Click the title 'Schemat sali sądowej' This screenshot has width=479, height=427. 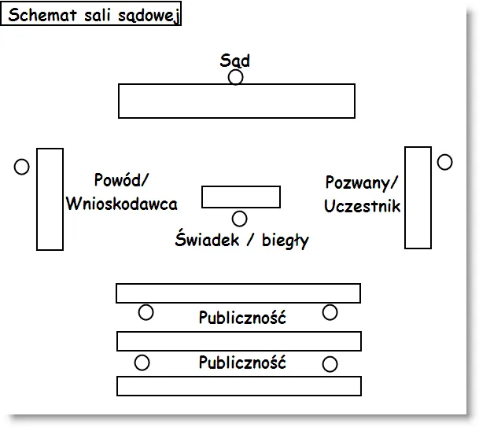(x=93, y=16)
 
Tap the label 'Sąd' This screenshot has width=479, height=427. (x=235, y=61)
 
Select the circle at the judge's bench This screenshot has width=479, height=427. (x=236, y=77)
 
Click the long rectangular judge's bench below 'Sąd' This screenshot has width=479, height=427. (x=236, y=101)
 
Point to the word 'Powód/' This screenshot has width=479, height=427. (x=121, y=180)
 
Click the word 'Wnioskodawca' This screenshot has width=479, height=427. (x=121, y=204)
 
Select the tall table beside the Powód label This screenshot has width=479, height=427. (x=50, y=199)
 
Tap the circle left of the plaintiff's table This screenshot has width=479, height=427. (x=22, y=167)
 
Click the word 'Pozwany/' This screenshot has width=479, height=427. (x=362, y=183)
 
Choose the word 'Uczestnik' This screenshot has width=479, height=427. (x=362, y=206)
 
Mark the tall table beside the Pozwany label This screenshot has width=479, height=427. (x=418, y=197)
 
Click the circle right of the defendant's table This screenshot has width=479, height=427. (x=445, y=162)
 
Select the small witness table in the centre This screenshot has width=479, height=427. (x=241, y=197)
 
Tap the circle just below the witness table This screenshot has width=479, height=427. (x=240, y=219)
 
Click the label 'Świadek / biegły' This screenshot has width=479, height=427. (x=241, y=241)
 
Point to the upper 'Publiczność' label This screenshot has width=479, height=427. (x=241, y=318)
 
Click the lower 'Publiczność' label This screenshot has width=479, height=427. (x=241, y=363)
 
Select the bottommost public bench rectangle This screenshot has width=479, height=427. (x=238, y=386)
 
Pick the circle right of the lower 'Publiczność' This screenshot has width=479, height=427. (x=330, y=364)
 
